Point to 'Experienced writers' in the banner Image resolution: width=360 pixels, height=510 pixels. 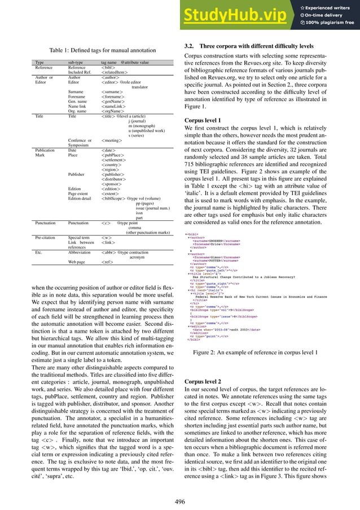330,7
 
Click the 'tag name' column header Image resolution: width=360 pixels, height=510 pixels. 109,62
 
